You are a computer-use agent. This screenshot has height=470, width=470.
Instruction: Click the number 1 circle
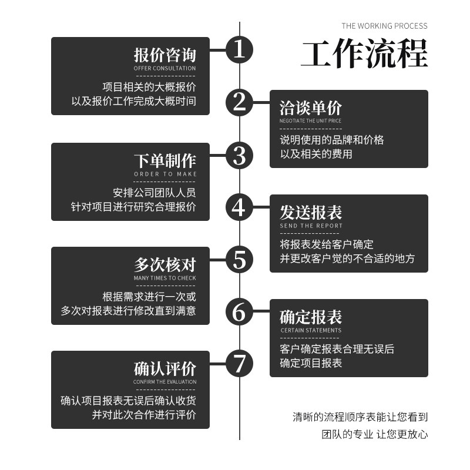239,50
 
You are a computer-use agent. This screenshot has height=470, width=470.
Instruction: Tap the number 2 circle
239,102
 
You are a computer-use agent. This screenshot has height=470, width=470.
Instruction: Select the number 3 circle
239,155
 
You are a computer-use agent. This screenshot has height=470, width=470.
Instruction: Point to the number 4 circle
239,207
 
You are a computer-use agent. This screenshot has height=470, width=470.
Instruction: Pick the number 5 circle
239,259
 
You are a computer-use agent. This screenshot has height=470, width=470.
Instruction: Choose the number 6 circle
239,311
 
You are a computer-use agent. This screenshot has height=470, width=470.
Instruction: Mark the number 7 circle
239,364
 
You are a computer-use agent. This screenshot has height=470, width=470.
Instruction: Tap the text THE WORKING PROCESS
384,26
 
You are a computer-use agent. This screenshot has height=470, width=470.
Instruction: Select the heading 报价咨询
165,56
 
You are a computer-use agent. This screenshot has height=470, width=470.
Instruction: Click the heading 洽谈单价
311,108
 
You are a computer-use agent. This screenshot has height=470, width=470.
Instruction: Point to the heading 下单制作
165,160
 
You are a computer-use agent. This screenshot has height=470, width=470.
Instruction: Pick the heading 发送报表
311,213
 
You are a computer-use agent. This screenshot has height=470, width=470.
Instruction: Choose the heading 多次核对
165,265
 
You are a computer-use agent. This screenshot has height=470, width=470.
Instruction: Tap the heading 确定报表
311,317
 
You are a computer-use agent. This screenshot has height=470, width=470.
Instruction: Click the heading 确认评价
165,370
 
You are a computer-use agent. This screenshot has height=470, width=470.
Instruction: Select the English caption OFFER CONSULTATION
165,69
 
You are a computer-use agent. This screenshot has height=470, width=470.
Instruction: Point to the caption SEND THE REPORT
311,226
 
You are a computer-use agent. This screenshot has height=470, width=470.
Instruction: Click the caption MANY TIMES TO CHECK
165,278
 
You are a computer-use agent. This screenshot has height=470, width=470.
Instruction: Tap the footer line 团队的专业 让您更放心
375,435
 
